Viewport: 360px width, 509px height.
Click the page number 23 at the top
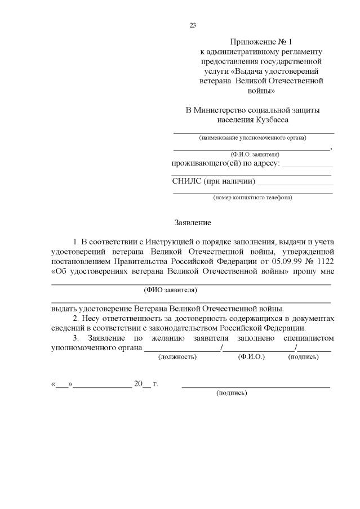tap(192, 25)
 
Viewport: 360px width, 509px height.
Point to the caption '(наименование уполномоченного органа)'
tap(253, 138)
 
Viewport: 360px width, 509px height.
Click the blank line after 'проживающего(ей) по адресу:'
tap(307, 167)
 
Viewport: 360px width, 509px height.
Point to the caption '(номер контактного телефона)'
tap(252, 198)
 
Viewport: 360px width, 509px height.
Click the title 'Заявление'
tap(192, 223)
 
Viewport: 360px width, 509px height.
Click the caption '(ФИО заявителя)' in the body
tap(171, 291)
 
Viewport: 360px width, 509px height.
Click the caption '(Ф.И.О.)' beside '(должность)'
tap(252, 357)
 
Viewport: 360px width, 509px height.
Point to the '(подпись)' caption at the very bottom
tap(232, 393)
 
